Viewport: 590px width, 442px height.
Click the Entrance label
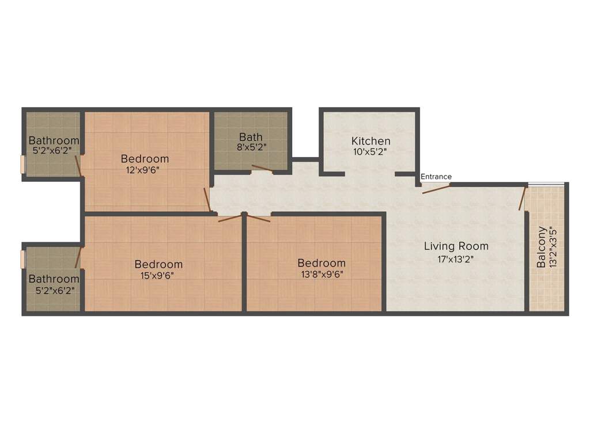coord(436,176)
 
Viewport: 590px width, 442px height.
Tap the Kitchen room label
coord(370,141)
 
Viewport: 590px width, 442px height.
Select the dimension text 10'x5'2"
coord(370,152)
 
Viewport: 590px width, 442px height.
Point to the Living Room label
coord(456,246)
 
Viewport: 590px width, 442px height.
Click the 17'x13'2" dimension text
coord(455,259)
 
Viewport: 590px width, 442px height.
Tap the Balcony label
coord(541,246)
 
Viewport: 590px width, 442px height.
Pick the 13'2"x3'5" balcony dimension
coord(553,246)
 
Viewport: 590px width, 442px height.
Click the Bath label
coord(251,137)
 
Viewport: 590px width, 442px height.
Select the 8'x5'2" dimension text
coord(252,147)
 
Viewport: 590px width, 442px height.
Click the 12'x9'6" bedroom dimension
coord(143,170)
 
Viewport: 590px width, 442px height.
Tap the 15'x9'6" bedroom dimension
coord(157,276)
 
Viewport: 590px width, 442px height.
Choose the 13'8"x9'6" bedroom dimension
coord(322,275)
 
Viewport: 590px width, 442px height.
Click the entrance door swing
coord(436,189)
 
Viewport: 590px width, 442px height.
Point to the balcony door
coord(522,199)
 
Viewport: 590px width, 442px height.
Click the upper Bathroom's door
coord(78,166)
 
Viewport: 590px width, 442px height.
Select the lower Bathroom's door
coord(78,257)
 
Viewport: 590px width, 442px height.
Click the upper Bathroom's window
coord(22,164)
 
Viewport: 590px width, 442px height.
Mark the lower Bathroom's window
coord(22,260)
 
